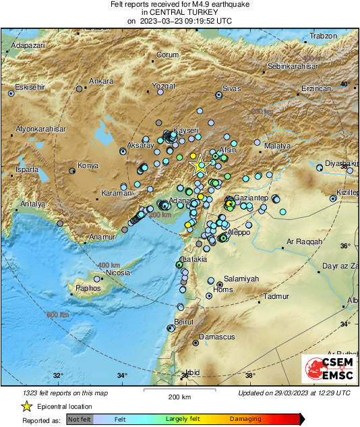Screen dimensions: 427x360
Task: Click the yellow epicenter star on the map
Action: click(198, 165)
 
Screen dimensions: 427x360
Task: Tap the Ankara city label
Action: click(101, 81)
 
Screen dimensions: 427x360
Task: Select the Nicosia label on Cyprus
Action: click(117, 273)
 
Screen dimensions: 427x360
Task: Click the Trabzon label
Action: click(322, 36)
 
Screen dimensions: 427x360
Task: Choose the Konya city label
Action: click(88, 165)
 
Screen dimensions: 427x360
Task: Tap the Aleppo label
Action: click(239, 232)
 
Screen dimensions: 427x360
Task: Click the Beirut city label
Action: click(184, 322)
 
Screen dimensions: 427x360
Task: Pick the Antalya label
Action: click(32, 204)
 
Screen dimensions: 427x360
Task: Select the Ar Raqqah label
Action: click(305, 241)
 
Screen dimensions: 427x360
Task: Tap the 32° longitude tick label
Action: click(58, 376)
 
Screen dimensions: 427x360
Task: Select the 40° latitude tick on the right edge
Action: click(345, 84)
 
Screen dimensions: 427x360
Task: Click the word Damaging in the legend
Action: click(245, 419)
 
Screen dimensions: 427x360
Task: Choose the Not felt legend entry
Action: click(80, 419)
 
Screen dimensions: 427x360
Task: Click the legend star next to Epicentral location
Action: click(26, 406)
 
